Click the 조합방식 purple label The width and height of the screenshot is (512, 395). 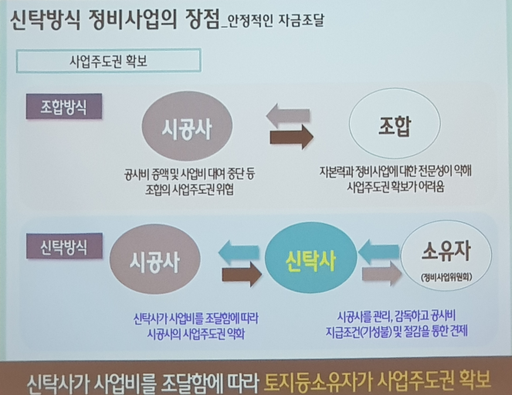pyautogui.click(x=63, y=106)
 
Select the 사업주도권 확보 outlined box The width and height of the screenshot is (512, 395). pyautogui.click(x=108, y=60)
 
